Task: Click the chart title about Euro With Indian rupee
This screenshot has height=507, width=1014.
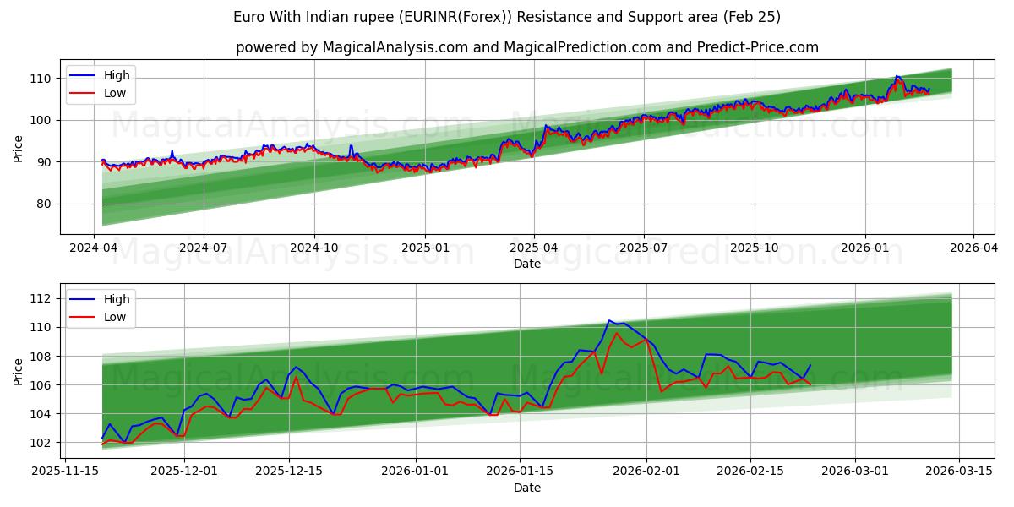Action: tap(506, 17)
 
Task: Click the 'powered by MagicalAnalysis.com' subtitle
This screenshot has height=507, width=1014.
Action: tap(526, 47)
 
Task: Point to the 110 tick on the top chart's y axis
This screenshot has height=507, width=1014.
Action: tap(41, 79)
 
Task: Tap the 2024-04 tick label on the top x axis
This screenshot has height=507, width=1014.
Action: tap(94, 248)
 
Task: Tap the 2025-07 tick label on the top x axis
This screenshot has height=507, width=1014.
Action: tap(644, 248)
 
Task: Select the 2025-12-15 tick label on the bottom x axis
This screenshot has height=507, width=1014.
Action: tap(289, 472)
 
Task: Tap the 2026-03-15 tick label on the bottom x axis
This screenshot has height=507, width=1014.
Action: tap(959, 472)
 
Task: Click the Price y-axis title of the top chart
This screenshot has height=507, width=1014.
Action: tap(19, 148)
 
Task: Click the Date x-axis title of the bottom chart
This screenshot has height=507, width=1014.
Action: tap(526, 488)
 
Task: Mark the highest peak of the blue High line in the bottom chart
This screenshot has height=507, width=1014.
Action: tap(609, 320)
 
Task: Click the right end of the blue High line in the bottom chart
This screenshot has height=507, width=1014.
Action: tap(810, 365)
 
